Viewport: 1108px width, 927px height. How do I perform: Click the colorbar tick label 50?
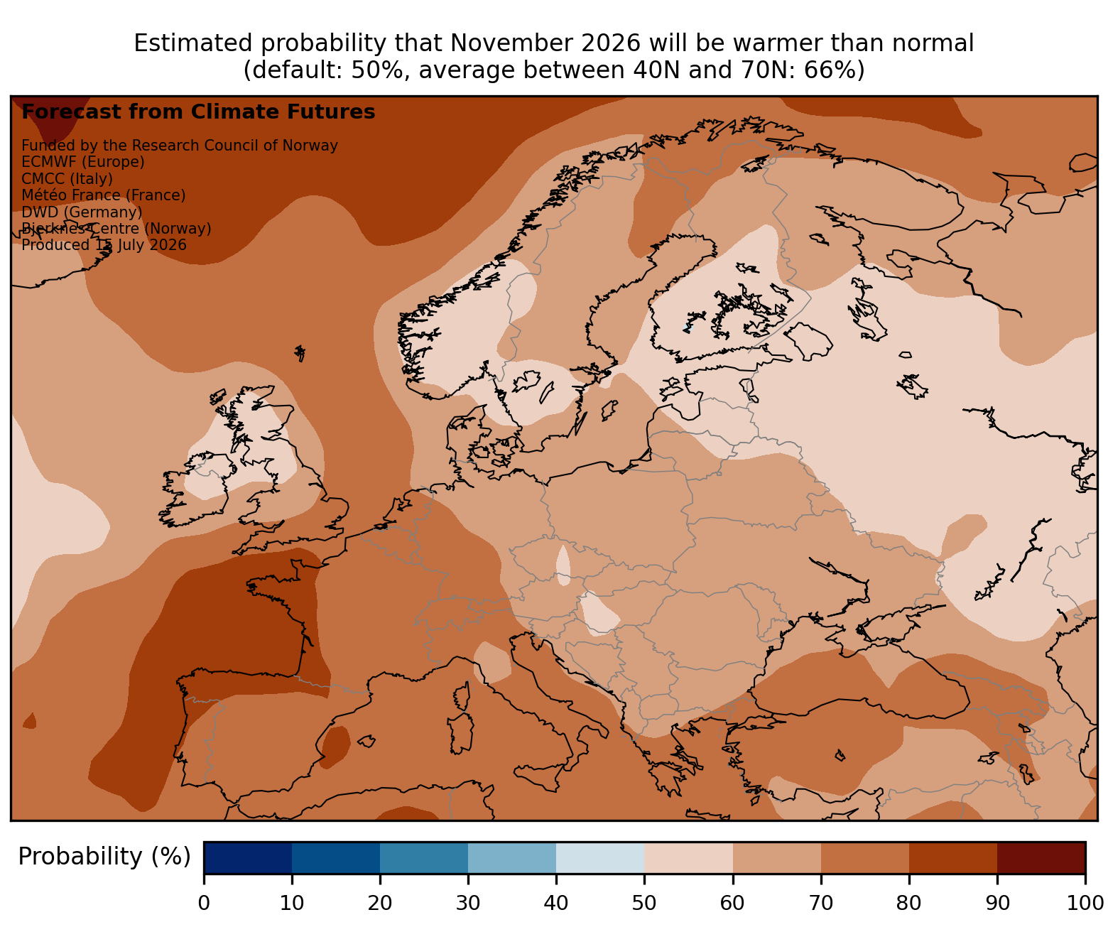[644, 903]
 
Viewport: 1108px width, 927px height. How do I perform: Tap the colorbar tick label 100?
[1085, 903]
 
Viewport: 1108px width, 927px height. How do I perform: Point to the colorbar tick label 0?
[204, 903]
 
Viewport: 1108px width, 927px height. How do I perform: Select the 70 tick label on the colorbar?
[821, 903]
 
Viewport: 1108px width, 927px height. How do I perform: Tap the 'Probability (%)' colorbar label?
[104, 857]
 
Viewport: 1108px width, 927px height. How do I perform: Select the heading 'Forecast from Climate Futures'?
[198, 112]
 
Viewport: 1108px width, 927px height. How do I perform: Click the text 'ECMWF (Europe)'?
[83, 162]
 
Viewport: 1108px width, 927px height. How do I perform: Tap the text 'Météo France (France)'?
[104, 195]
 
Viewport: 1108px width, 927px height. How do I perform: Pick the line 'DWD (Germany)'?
[82, 212]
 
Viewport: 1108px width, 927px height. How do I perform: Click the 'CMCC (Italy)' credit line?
[67, 179]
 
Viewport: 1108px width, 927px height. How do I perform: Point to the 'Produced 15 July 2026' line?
[104, 245]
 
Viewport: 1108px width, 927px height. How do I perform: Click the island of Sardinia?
[460, 733]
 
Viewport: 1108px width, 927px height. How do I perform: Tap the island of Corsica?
[462, 696]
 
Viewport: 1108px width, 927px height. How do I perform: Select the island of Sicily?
[538, 776]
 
